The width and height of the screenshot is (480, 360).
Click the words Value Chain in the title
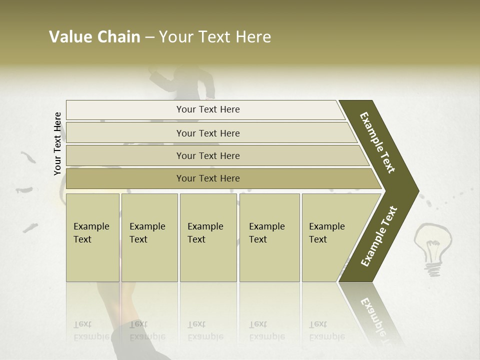pyautogui.click(x=94, y=37)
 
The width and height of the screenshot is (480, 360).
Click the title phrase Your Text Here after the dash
pyautogui.click(x=215, y=37)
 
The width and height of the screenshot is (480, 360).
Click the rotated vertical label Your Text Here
pyautogui.click(x=58, y=143)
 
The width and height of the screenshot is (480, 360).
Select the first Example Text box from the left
pyautogui.click(x=92, y=237)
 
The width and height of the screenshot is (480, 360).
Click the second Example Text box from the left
pyautogui.click(x=149, y=237)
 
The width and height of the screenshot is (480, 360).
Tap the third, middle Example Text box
pyautogui.click(x=208, y=237)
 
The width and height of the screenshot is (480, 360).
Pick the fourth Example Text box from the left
pyautogui.click(x=269, y=237)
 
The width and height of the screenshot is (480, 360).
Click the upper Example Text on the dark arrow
pyautogui.click(x=378, y=143)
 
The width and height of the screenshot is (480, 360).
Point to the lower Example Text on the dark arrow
pyautogui.click(x=379, y=236)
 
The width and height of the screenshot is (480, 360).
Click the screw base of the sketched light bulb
pyautogui.click(x=433, y=269)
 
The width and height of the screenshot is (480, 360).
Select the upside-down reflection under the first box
pyautogui.click(x=92, y=330)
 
